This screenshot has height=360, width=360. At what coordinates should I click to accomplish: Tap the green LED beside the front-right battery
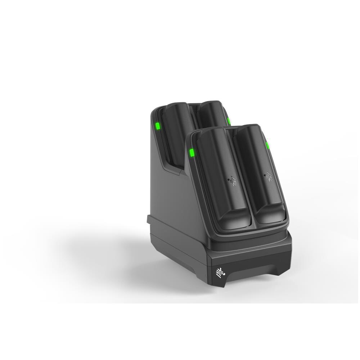click(267, 146)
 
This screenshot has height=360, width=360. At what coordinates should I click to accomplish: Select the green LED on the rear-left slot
click(157, 127)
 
